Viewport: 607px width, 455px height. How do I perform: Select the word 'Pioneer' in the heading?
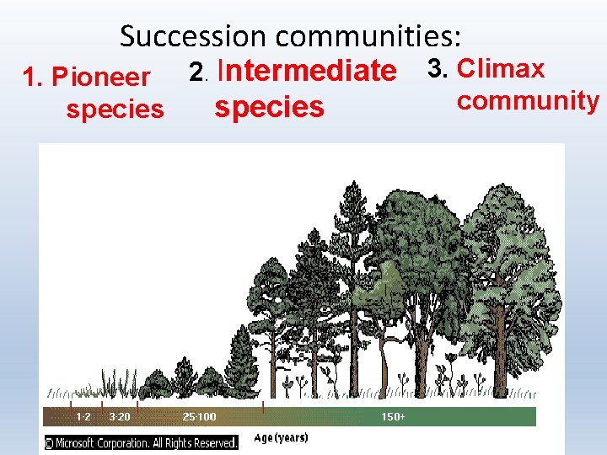tap(101, 78)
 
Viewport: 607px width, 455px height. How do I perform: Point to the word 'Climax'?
tap(500, 68)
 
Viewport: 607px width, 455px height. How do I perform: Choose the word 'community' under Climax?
tap(528, 100)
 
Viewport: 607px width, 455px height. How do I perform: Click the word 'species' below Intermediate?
tap(269, 107)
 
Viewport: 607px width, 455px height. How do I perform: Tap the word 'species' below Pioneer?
tap(115, 110)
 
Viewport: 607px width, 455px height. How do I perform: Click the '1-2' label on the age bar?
tap(83, 416)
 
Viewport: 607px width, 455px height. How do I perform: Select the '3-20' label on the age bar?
tap(120, 416)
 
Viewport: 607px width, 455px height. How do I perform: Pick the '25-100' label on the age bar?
tap(199, 416)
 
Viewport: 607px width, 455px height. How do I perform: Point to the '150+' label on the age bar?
tap(393, 416)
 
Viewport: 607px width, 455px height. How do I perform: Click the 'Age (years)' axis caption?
tap(281, 437)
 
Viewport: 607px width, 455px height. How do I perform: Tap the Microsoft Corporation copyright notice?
tap(141, 442)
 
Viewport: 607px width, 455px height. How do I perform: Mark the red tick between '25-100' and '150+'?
tap(264, 408)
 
